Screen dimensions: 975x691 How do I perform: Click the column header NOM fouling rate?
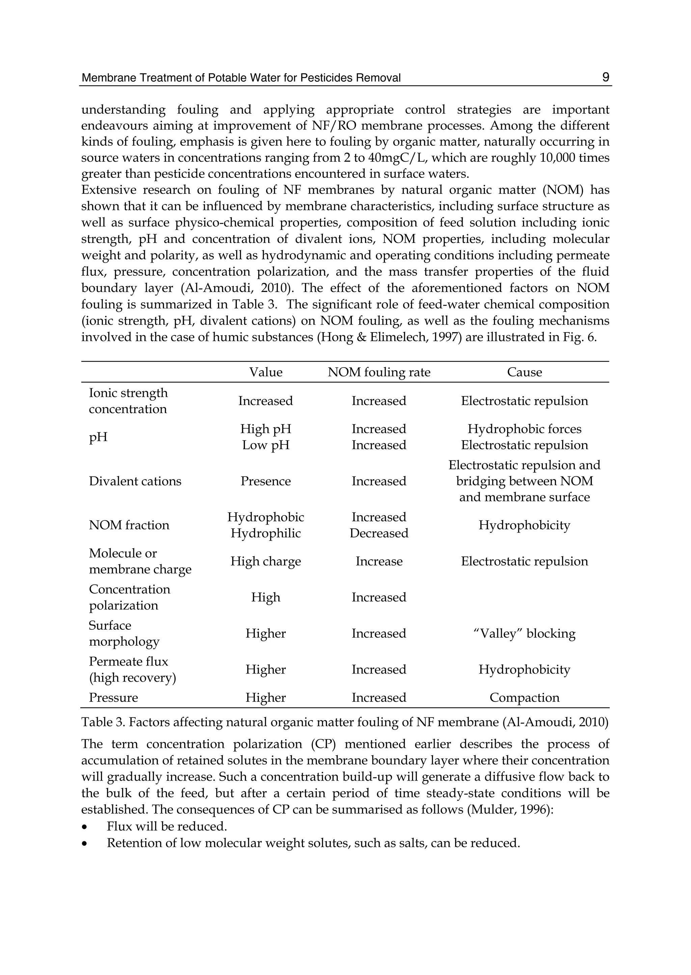(x=379, y=372)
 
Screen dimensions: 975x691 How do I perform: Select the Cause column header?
(x=524, y=372)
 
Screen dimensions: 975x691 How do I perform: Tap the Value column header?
(x=266, y=372)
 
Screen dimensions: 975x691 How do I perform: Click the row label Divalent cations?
(x=135, y=481)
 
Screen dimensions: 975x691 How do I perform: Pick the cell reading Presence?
(x=266, y=481)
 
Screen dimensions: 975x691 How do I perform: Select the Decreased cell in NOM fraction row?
(x=379, y=533)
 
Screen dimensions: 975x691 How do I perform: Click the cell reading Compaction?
(x=524, y=698)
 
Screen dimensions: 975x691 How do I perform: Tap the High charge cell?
(x=266, y=561)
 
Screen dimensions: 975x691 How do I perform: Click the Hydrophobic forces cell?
(x=524, y=429)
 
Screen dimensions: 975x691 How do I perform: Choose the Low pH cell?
(x=266, y=445)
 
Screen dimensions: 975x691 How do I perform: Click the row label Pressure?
(x=113, y=698)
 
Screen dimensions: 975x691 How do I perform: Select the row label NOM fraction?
(x=129, y=525)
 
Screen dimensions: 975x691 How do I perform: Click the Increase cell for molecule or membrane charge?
(x=379, y=561)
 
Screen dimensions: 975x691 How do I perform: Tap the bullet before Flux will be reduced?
(x=85, y=827)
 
